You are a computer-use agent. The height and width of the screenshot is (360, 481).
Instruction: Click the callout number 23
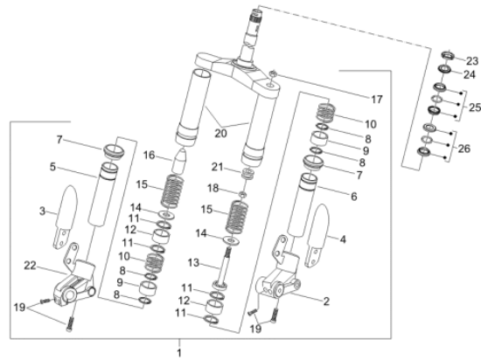472,61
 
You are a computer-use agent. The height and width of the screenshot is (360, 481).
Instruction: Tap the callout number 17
377,100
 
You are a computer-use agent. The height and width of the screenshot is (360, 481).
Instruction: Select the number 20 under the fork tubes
220,133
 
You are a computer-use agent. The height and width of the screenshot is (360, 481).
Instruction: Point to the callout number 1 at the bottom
179,353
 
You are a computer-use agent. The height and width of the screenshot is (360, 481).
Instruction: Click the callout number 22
30,266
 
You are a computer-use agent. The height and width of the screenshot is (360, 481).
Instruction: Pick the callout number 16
149,155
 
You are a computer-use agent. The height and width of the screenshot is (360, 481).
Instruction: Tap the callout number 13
193,262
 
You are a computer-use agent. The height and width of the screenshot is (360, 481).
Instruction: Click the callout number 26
464,149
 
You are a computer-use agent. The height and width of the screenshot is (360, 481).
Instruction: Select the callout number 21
217,167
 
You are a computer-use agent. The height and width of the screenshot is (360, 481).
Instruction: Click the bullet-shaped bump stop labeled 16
178,161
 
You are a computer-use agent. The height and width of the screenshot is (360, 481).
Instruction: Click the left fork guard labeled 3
66,217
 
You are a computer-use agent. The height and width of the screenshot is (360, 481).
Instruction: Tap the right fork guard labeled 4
317,235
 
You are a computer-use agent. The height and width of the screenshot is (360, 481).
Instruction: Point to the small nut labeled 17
273,74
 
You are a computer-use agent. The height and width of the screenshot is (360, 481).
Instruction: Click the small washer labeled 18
242,194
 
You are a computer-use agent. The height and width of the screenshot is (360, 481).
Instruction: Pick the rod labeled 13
223,267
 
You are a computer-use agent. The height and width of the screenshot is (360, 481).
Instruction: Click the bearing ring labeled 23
448,55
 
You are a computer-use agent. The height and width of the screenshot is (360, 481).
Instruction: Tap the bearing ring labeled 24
444,69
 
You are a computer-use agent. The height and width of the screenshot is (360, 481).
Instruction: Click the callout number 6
353,197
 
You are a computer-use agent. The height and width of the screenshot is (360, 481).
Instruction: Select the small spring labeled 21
247,174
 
